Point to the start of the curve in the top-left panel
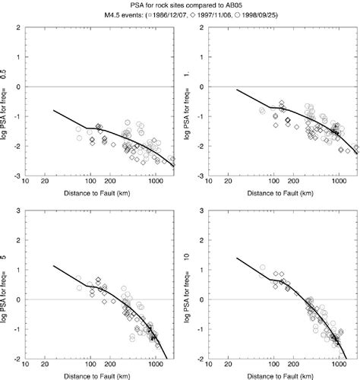pyautogui.click(x=53, y=110)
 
